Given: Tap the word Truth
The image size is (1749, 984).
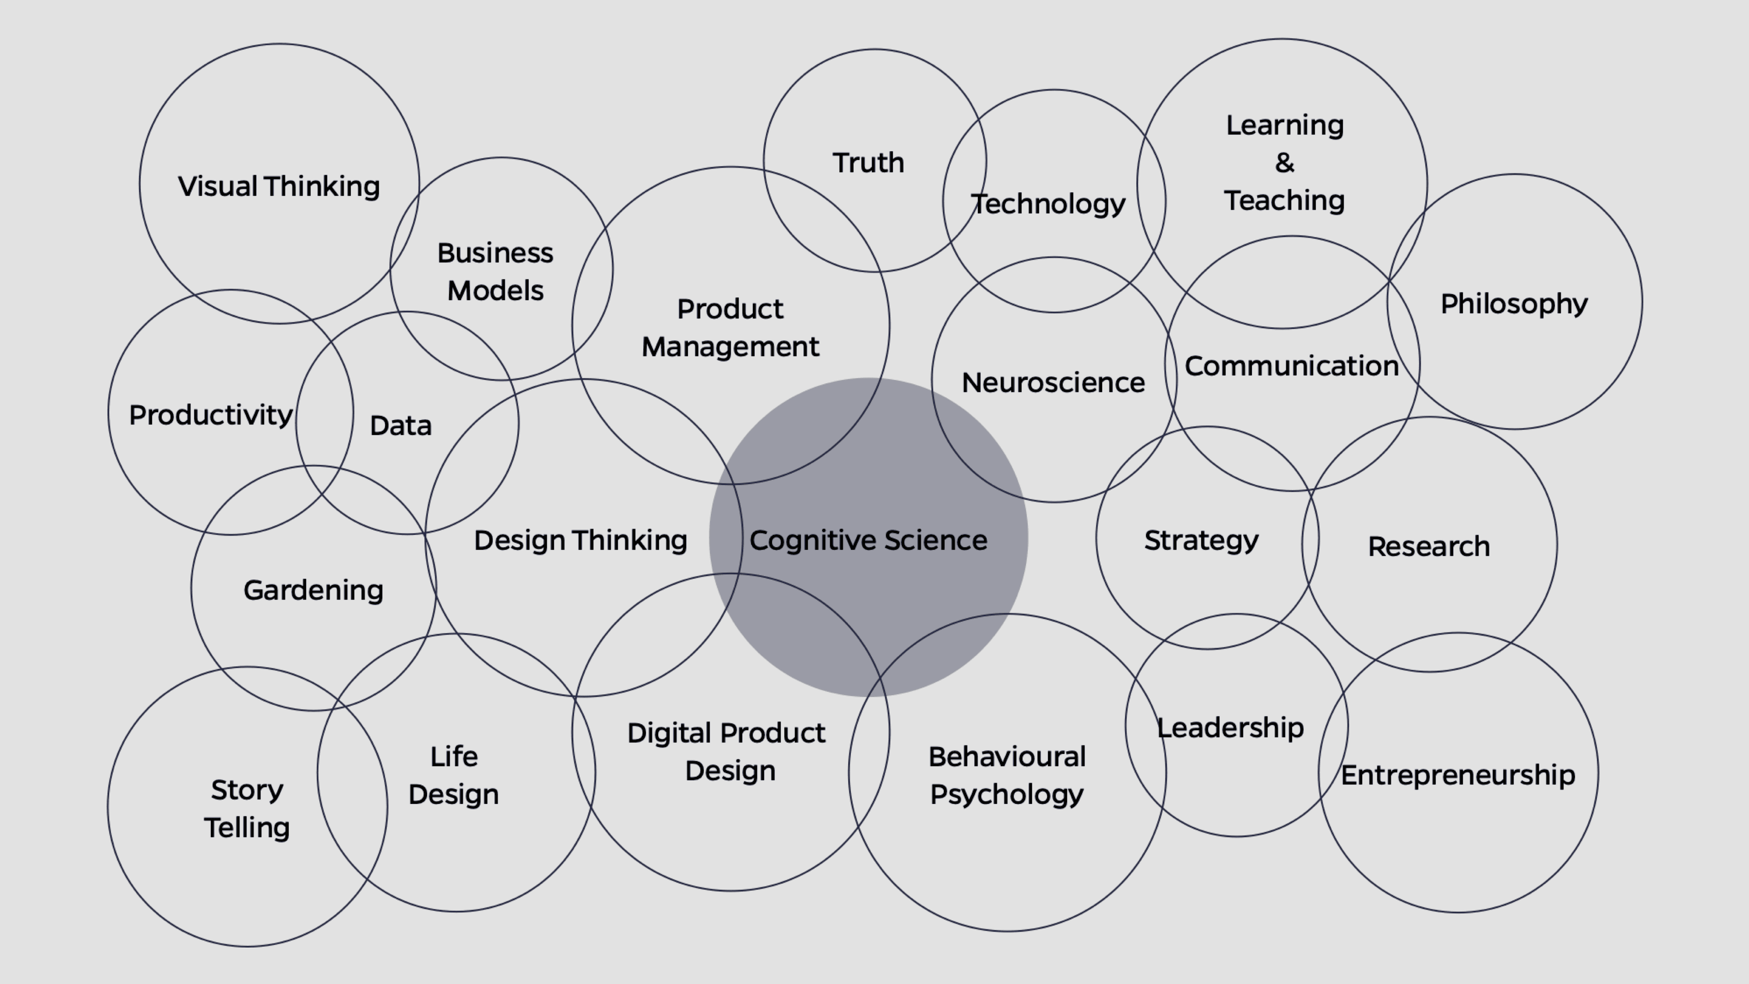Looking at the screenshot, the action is [869, 163].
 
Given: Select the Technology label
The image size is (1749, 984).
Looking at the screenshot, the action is [1048, 204].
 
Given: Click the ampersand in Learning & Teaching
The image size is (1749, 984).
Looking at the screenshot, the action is [1284, 163].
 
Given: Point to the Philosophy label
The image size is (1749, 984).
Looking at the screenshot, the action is [1514, 303].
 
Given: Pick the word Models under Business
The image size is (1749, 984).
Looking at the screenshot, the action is [496, 291].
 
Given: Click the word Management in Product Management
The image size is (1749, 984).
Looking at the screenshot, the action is [731, 347].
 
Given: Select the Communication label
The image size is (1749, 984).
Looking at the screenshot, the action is [1291, 366].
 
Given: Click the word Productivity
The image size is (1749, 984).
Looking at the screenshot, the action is [210, 415].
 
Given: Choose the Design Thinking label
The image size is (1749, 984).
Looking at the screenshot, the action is [581, 541].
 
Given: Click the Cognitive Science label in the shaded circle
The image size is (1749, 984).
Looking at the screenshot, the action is [869, 541].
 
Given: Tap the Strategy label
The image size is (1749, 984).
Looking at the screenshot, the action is [1201, 541].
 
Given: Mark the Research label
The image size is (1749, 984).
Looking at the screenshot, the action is [1428, 547].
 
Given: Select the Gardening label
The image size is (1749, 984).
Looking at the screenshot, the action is [313, 590].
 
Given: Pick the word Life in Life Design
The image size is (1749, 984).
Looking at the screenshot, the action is [454, 757].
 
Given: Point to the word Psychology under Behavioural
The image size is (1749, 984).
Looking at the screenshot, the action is [1007, 794].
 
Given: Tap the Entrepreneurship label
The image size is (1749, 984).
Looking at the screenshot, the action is [1457, 775].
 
